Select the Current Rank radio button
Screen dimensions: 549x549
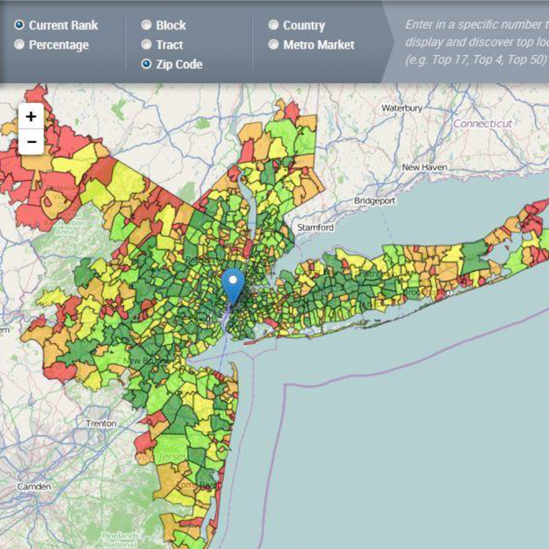[x=19, y=25]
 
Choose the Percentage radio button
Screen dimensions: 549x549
[x=19, y=45]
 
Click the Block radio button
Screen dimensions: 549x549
[x=146, y=25]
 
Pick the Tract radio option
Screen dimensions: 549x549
[x=146, y=45]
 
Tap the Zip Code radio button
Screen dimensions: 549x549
[x=146, y=64]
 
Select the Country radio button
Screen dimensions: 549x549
[x=273, y=25]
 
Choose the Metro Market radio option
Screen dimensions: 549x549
[x=273, y=45]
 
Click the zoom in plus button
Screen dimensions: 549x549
[x=31, y=117]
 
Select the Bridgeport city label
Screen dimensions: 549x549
[x=375, y=200]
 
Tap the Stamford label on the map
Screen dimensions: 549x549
[x=315, y=227]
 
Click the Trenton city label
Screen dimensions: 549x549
[x=101, y=423]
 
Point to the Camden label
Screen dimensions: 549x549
[x=32, y=487]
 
